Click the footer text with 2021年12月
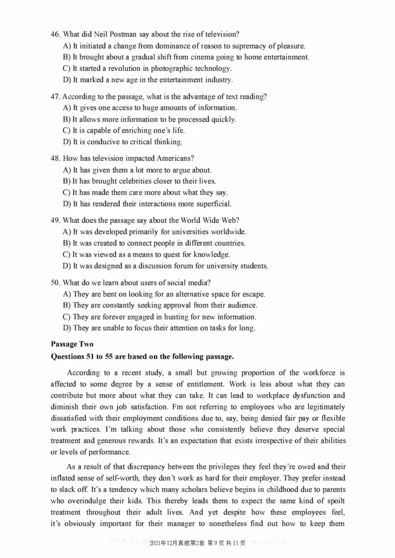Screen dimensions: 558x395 click(197, 543)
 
